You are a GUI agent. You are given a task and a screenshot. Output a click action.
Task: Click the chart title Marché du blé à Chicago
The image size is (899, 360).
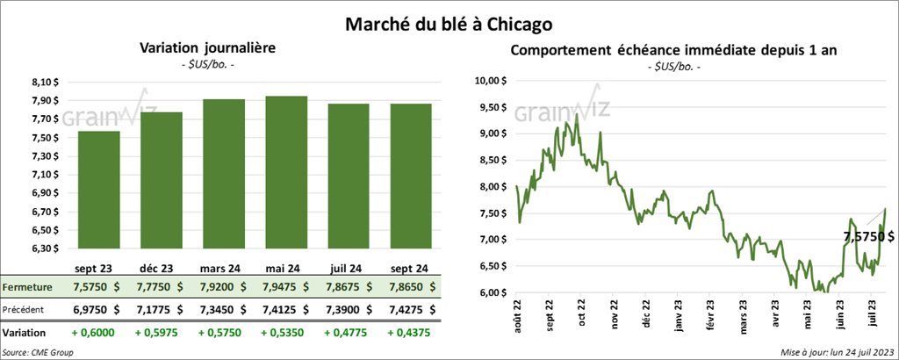pos(449,19)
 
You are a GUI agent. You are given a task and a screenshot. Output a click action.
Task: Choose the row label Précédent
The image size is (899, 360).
pos(23,309)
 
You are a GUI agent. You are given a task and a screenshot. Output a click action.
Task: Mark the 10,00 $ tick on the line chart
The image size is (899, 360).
pos(488,81)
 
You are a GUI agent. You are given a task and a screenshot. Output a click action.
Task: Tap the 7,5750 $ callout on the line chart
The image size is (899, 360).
pos(868,236)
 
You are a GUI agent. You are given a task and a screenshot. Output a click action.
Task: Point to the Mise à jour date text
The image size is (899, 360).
pos(835,351)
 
